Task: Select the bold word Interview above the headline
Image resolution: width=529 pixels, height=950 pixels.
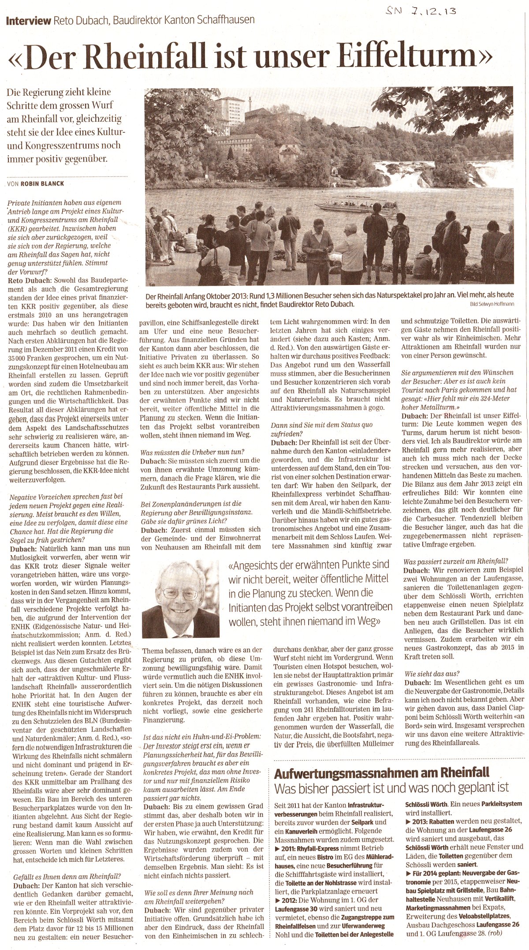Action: [28, 21]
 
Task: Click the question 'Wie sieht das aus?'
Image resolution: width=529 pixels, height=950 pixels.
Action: [432, 673]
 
